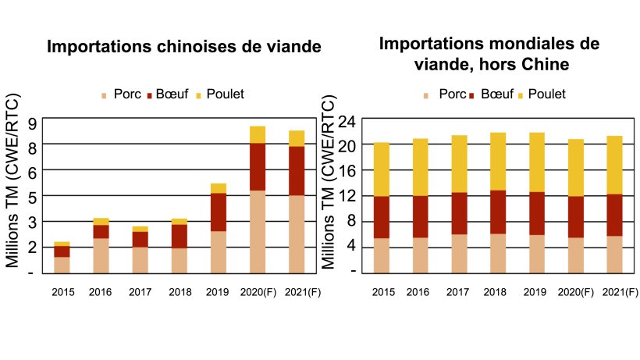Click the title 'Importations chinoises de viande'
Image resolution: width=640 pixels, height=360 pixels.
184,46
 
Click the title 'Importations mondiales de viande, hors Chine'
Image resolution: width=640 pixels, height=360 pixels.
489,53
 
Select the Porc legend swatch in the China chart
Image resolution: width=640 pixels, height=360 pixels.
104,95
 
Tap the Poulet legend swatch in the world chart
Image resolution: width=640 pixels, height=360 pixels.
521,95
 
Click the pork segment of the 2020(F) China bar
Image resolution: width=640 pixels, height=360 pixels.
258,231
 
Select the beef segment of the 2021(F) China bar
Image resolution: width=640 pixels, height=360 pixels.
297,170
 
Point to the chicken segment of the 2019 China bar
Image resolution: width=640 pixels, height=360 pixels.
219,188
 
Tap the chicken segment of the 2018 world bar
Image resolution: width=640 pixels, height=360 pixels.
497,161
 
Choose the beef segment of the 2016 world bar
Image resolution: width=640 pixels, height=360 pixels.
421,216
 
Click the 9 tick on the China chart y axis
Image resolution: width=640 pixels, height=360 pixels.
32,123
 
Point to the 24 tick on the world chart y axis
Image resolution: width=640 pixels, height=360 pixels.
348,122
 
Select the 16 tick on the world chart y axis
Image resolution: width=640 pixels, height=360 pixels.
348,171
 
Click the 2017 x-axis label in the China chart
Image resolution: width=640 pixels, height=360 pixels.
140,293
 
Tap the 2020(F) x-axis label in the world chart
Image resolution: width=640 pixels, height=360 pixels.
577,293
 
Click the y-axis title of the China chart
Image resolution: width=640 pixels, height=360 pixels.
13,183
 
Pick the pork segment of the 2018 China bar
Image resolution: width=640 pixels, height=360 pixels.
179,260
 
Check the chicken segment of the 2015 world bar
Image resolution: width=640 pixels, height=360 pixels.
382,169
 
